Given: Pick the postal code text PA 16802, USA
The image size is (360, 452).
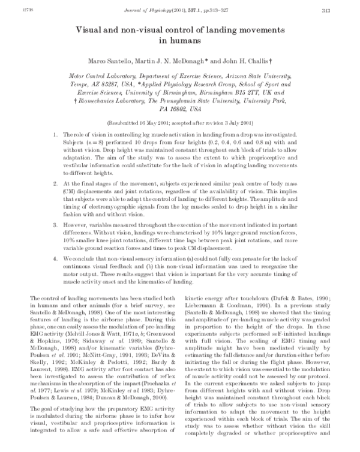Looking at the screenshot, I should tap(179, 110).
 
